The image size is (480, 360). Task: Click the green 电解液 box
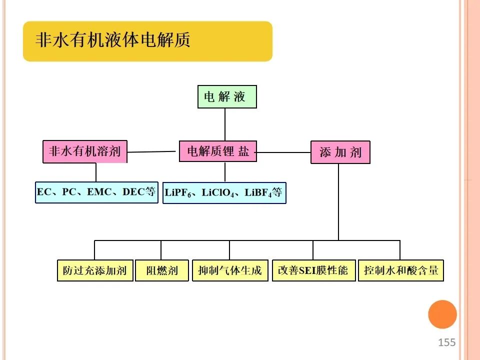[x=227, y=96]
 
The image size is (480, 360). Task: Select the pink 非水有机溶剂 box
[x=85, y=151]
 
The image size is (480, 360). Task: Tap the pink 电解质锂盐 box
[x=218, y=151]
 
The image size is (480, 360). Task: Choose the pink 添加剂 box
[x=340, y=152]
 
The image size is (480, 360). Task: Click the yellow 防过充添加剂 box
[x=95, y=270]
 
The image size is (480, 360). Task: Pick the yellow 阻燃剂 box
[x=162, y=270]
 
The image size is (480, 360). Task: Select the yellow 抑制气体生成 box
[x=230, y=270]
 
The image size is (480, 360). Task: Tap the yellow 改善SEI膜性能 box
[x=314, y=270]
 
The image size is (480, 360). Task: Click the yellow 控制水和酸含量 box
[x=401, y=270]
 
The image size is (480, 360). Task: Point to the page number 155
[x=446, y=342]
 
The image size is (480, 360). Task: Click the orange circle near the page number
[x=442, y=314]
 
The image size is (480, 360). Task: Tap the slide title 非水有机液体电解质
[x=112, y=40]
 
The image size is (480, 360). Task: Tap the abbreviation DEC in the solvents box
[x=133, y=192]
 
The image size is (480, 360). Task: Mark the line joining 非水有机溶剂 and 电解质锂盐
[x=151, y=151]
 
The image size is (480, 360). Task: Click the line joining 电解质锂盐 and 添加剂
[x=282, y=152]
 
